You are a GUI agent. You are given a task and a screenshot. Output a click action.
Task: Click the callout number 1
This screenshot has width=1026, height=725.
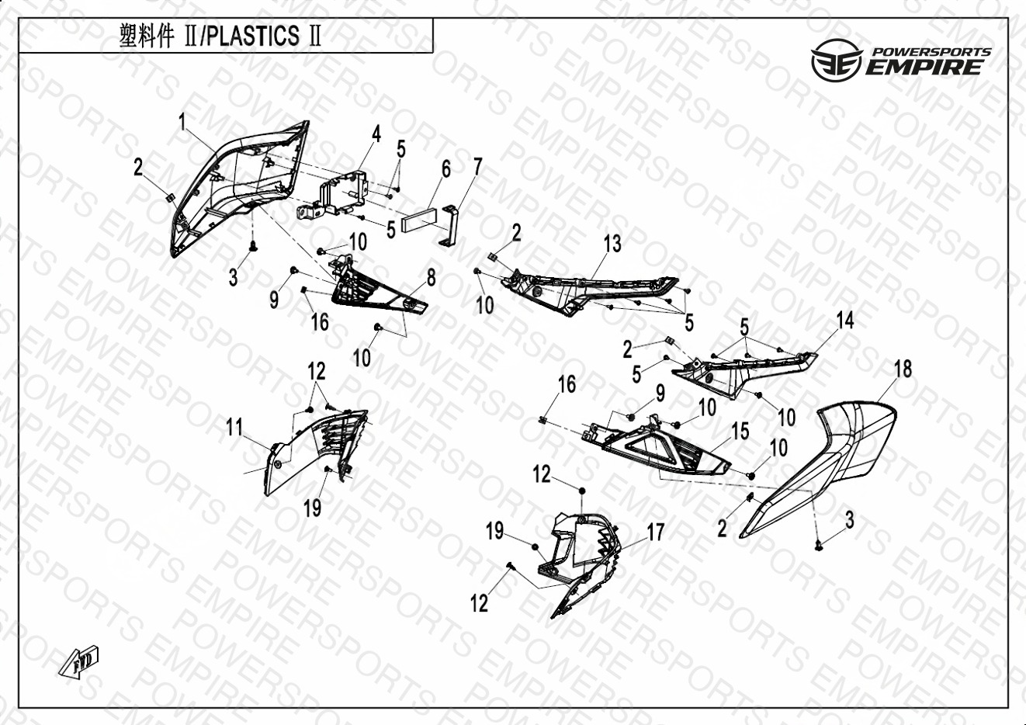click(182, 122)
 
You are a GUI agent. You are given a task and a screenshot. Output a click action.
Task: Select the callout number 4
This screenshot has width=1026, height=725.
click(376, 134)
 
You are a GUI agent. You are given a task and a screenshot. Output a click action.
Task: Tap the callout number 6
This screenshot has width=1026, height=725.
click(445, 169)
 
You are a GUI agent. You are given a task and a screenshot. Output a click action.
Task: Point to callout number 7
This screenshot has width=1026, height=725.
click(478, 167)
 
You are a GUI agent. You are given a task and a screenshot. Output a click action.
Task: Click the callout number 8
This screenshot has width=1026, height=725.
click(431, 278)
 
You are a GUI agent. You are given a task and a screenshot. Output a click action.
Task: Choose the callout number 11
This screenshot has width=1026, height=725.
click(234, 428)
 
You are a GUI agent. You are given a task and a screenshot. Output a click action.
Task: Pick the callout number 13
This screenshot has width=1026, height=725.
click(612, 244)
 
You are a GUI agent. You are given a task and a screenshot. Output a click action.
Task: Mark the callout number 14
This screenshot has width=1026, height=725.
click(845, 320)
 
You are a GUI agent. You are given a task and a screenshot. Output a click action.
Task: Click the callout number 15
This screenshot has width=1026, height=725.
click(740, 431)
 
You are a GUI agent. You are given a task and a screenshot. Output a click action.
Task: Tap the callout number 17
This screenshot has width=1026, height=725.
click(655, 532)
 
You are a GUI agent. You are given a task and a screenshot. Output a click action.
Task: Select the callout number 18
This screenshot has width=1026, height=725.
click(903, 369)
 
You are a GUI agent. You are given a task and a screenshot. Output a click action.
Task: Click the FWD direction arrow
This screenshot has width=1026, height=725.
click(79, 662)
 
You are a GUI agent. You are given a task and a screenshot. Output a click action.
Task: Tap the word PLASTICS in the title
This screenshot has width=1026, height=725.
click(252, 36)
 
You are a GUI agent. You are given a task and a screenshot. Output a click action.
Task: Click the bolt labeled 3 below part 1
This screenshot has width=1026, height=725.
click(252, 247)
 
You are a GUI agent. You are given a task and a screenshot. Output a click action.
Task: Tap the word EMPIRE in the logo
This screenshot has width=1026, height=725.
click(924, 68)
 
